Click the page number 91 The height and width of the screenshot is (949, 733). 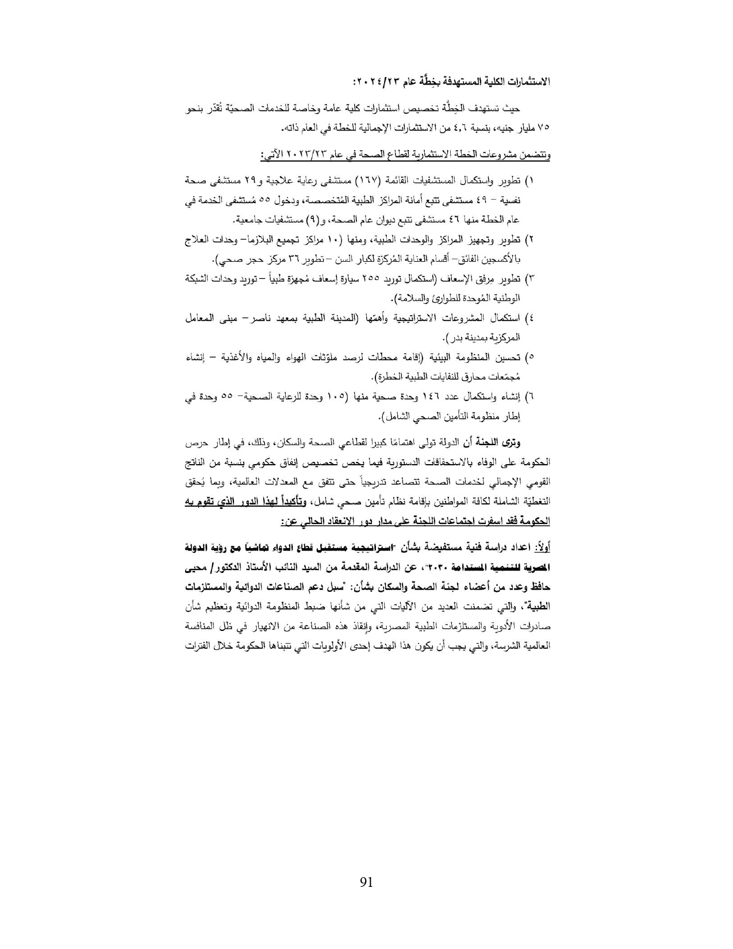pyautogui.click(x=366, y=883)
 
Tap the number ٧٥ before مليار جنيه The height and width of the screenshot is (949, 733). pyautogui.click(x=543, y=127)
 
